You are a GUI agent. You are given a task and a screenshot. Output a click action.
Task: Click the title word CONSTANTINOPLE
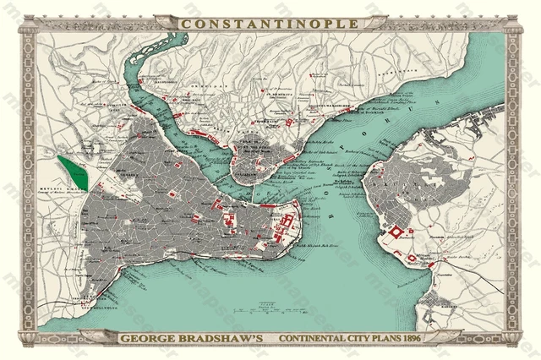coord(270,24)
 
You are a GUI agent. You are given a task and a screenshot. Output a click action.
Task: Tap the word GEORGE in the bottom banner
coord(148,340)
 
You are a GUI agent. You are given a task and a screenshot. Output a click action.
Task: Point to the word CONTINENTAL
coord(323,340)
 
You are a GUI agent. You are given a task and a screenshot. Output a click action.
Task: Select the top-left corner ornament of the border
coord(28,25)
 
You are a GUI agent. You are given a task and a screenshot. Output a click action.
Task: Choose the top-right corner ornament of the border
coord(513,25)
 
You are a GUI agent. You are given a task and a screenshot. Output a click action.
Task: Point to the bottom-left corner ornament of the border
coord(28,336)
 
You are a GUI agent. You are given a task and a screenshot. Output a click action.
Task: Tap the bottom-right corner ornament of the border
coord(513,336)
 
